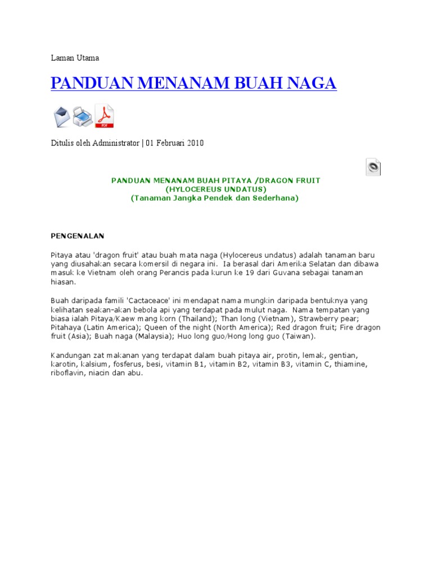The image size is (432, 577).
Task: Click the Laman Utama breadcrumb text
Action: pos(75,58)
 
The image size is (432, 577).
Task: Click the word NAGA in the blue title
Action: pos(310,83)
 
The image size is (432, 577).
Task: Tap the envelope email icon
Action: pos(61,117)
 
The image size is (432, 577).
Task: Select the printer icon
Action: pos(82,117)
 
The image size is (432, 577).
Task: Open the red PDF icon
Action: pos(104,116)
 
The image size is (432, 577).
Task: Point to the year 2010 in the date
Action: pos(195,143)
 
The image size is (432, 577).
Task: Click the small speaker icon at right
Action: pos(373,167)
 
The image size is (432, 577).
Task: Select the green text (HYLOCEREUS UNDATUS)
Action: pos(216,189)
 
